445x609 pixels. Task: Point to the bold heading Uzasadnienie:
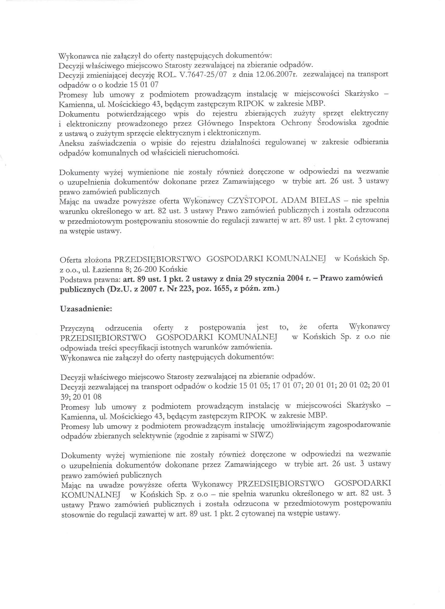pyautogui.click(x=86, y=309)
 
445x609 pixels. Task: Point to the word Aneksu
pyautogui.click(x=71, y=143)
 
